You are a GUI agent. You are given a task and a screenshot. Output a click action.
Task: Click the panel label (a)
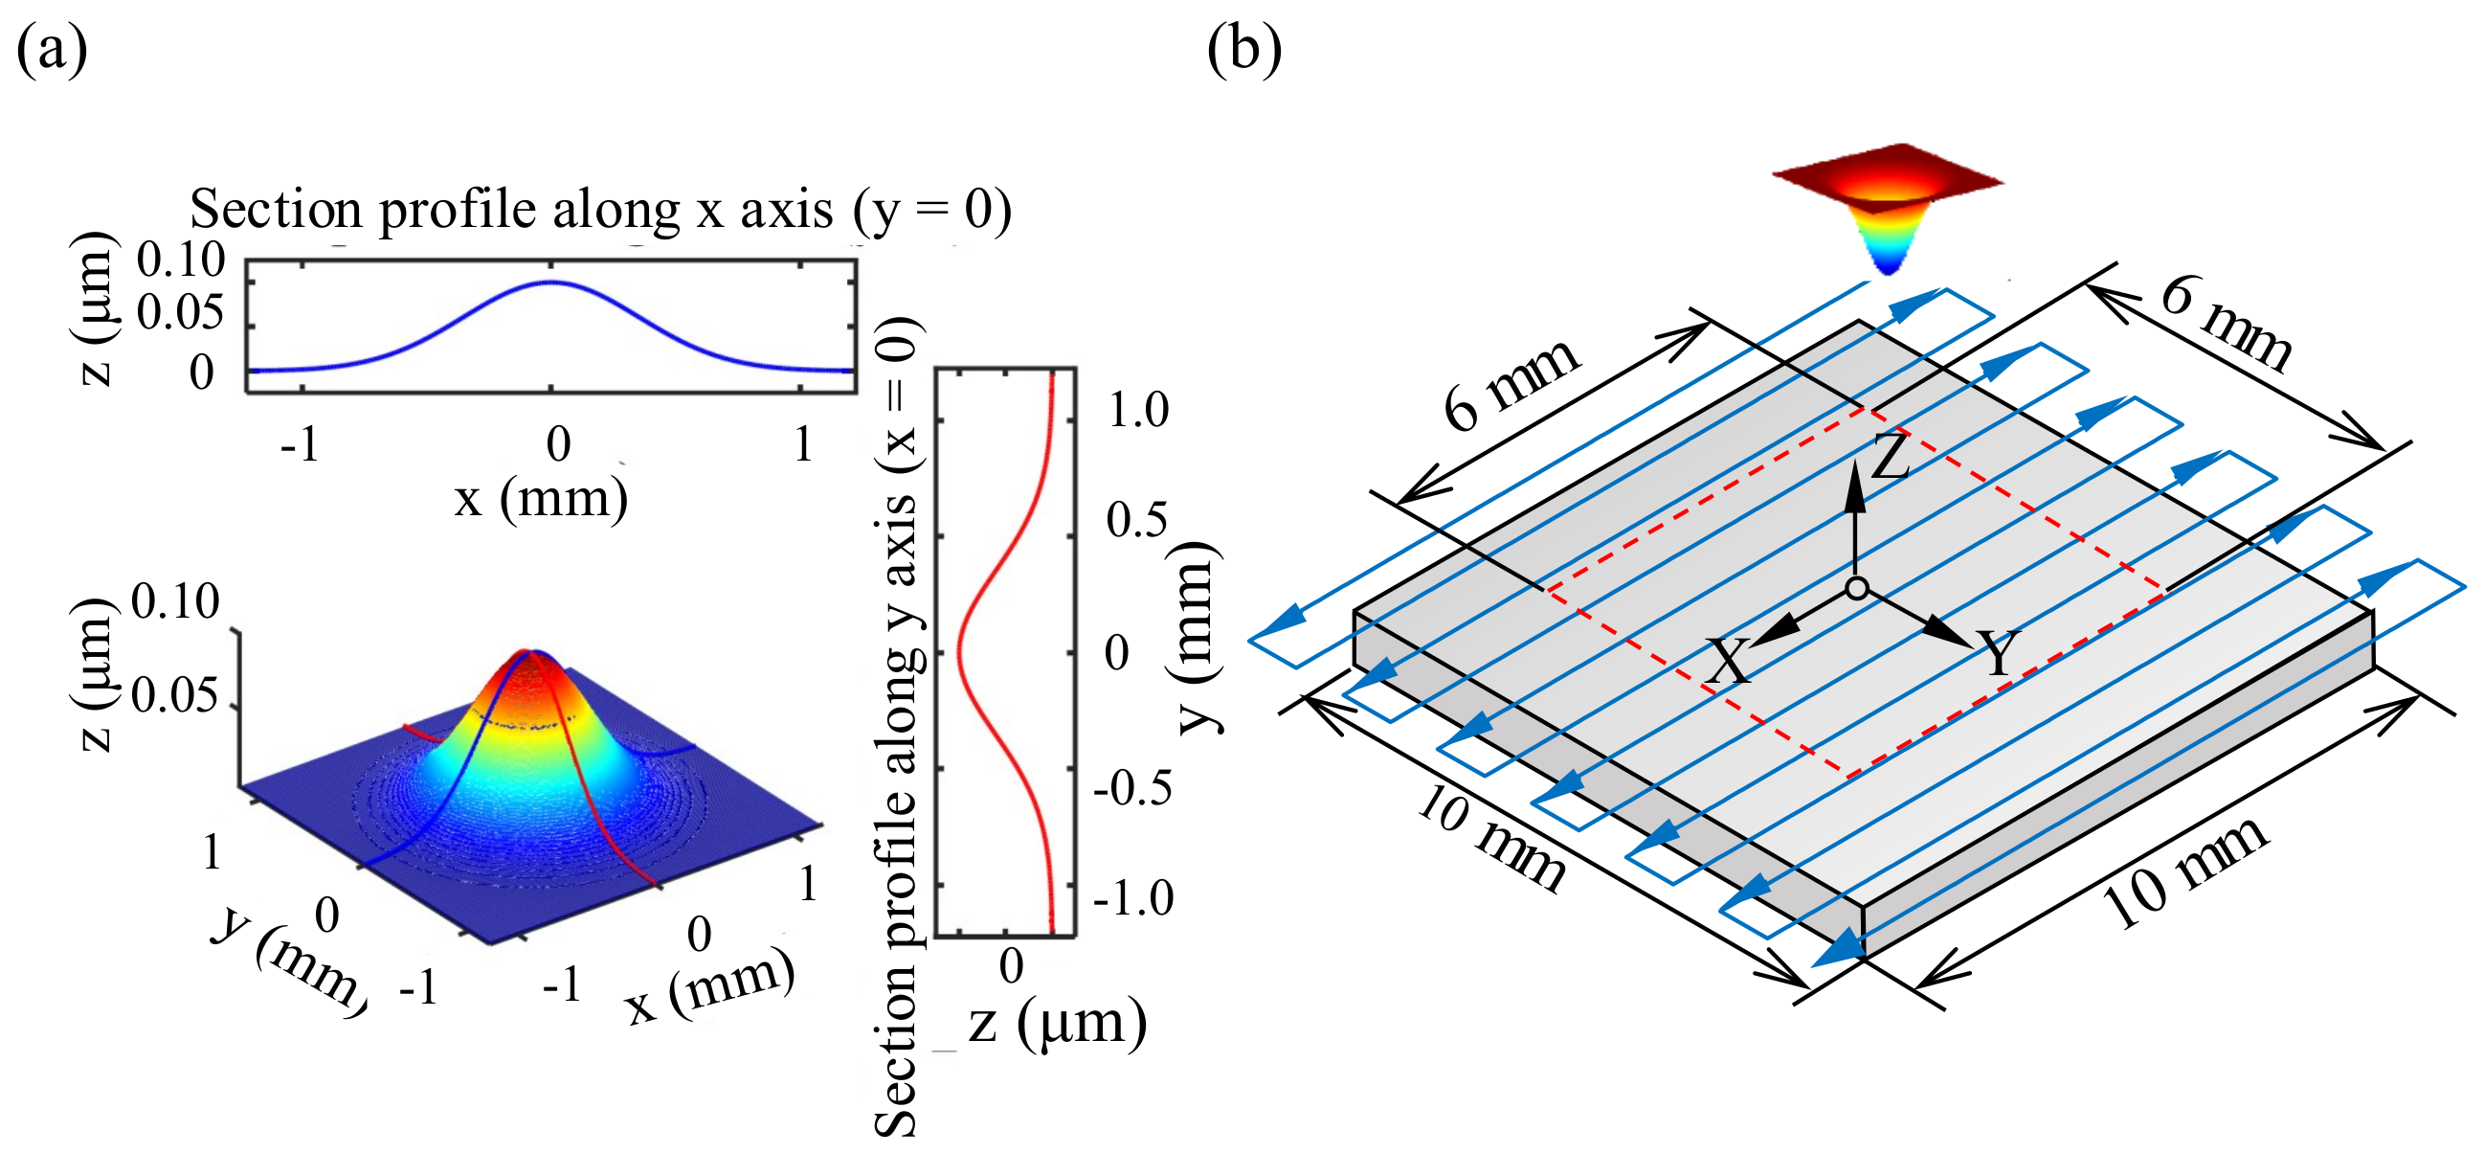pyautogui.click(x=52, y=50)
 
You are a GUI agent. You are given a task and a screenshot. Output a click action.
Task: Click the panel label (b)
pyautogui.click(x=1244, y=50)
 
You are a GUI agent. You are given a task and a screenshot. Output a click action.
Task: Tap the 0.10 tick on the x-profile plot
pyautogui.click(x=180, y=260)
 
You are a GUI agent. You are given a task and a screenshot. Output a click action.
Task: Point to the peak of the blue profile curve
pyautogui.click(x=550, y=283)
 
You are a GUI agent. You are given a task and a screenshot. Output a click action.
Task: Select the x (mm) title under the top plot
pyautogui.click(x=541, y=500)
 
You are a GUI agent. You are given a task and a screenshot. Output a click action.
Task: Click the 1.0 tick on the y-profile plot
pyautogui.click(x=1138, y=411)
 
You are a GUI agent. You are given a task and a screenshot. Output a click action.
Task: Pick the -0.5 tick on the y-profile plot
pyautogui.click(x=1132, y=788)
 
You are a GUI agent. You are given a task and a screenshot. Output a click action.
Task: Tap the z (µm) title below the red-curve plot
pyautogui.click(x=1058, y=1023)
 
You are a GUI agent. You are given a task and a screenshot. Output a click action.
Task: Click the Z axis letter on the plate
pyautogui.click(x=1890, y=456)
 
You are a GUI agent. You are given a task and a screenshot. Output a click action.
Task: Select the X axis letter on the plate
pyautogui.click(x=1727, y=662)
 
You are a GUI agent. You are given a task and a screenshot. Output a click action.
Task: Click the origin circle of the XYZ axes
pyautogui.click(x=1857, y=588)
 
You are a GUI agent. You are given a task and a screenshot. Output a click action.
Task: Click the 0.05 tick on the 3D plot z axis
pyautogui.click(x=174, y=695)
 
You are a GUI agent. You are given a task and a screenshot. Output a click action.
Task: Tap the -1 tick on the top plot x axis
pyautogui.click(x=299, y=445)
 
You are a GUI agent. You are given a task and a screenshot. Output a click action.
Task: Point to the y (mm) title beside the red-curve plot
pyautogui.click(x=1197, y=637)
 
